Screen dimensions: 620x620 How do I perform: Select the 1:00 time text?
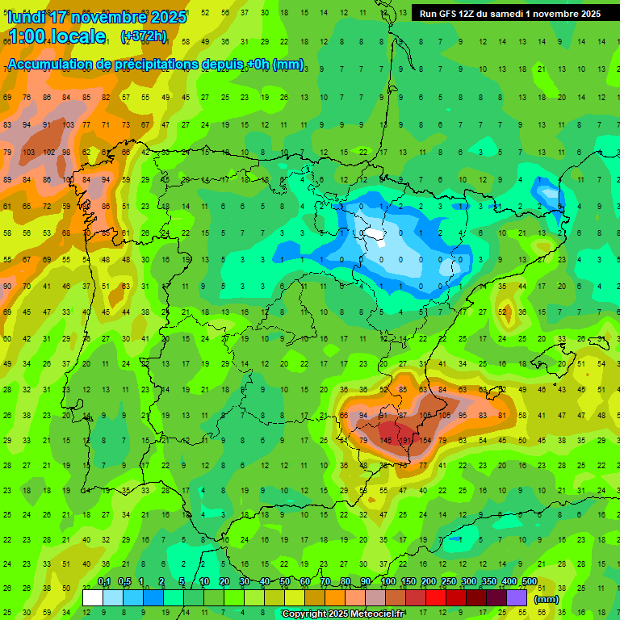25,36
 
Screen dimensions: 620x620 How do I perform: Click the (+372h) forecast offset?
143,36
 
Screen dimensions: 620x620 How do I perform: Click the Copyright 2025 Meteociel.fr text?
343,614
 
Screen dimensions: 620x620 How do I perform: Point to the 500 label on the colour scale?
529,582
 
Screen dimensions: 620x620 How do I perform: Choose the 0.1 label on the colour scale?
104,582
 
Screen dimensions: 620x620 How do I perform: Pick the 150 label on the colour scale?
408,582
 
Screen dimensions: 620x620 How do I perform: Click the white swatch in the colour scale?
93,597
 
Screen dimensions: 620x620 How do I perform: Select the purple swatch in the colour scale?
517,597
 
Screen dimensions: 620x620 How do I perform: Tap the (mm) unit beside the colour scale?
547,599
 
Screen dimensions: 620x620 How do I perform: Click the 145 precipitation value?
387,441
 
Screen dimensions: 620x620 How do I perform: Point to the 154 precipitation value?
425,441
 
